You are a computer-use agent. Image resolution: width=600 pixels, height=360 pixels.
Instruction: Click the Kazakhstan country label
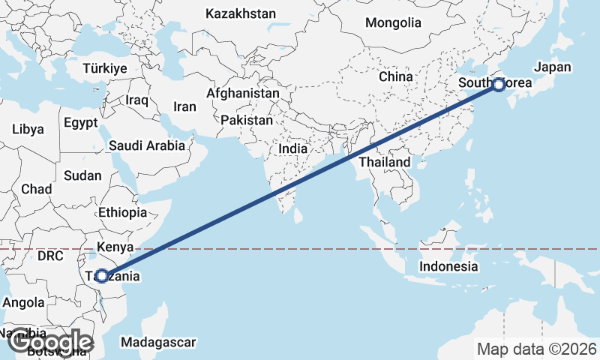[x=240, y=13]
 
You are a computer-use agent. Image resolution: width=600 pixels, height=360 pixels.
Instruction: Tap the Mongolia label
[x=393, y=22]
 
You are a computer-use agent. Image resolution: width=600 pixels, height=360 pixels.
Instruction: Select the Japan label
[x=553, y=67]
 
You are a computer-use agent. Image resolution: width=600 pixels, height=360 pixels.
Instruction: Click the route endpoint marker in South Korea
[x=498, y=85]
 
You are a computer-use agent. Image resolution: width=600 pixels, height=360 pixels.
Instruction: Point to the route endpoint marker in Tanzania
[x=101, y=276]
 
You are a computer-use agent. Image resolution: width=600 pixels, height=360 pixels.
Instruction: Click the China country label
[x=395, y=76]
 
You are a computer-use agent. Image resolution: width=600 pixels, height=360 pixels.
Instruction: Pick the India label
[x=292, y=148]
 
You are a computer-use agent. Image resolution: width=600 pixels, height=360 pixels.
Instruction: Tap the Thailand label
[x=385, y=162]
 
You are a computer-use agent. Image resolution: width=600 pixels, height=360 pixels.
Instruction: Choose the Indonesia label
[x=448, y=266]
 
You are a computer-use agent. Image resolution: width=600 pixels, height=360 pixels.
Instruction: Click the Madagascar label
[x=157, y=342]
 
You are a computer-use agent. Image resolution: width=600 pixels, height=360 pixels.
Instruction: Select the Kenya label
[x=115, y=246]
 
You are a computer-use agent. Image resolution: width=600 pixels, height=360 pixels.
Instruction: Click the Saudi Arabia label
[x=146, y=145]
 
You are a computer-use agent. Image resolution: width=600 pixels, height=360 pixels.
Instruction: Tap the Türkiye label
[x=105, y=68]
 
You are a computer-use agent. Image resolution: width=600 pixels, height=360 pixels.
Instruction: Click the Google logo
[x=49, y=342]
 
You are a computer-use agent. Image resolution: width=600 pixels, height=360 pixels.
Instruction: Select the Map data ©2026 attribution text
[x=537, y=349]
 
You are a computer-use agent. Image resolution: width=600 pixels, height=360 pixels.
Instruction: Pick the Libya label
[x=28, y=129]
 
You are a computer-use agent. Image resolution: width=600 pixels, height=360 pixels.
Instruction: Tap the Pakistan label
[x=247, y=120]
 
